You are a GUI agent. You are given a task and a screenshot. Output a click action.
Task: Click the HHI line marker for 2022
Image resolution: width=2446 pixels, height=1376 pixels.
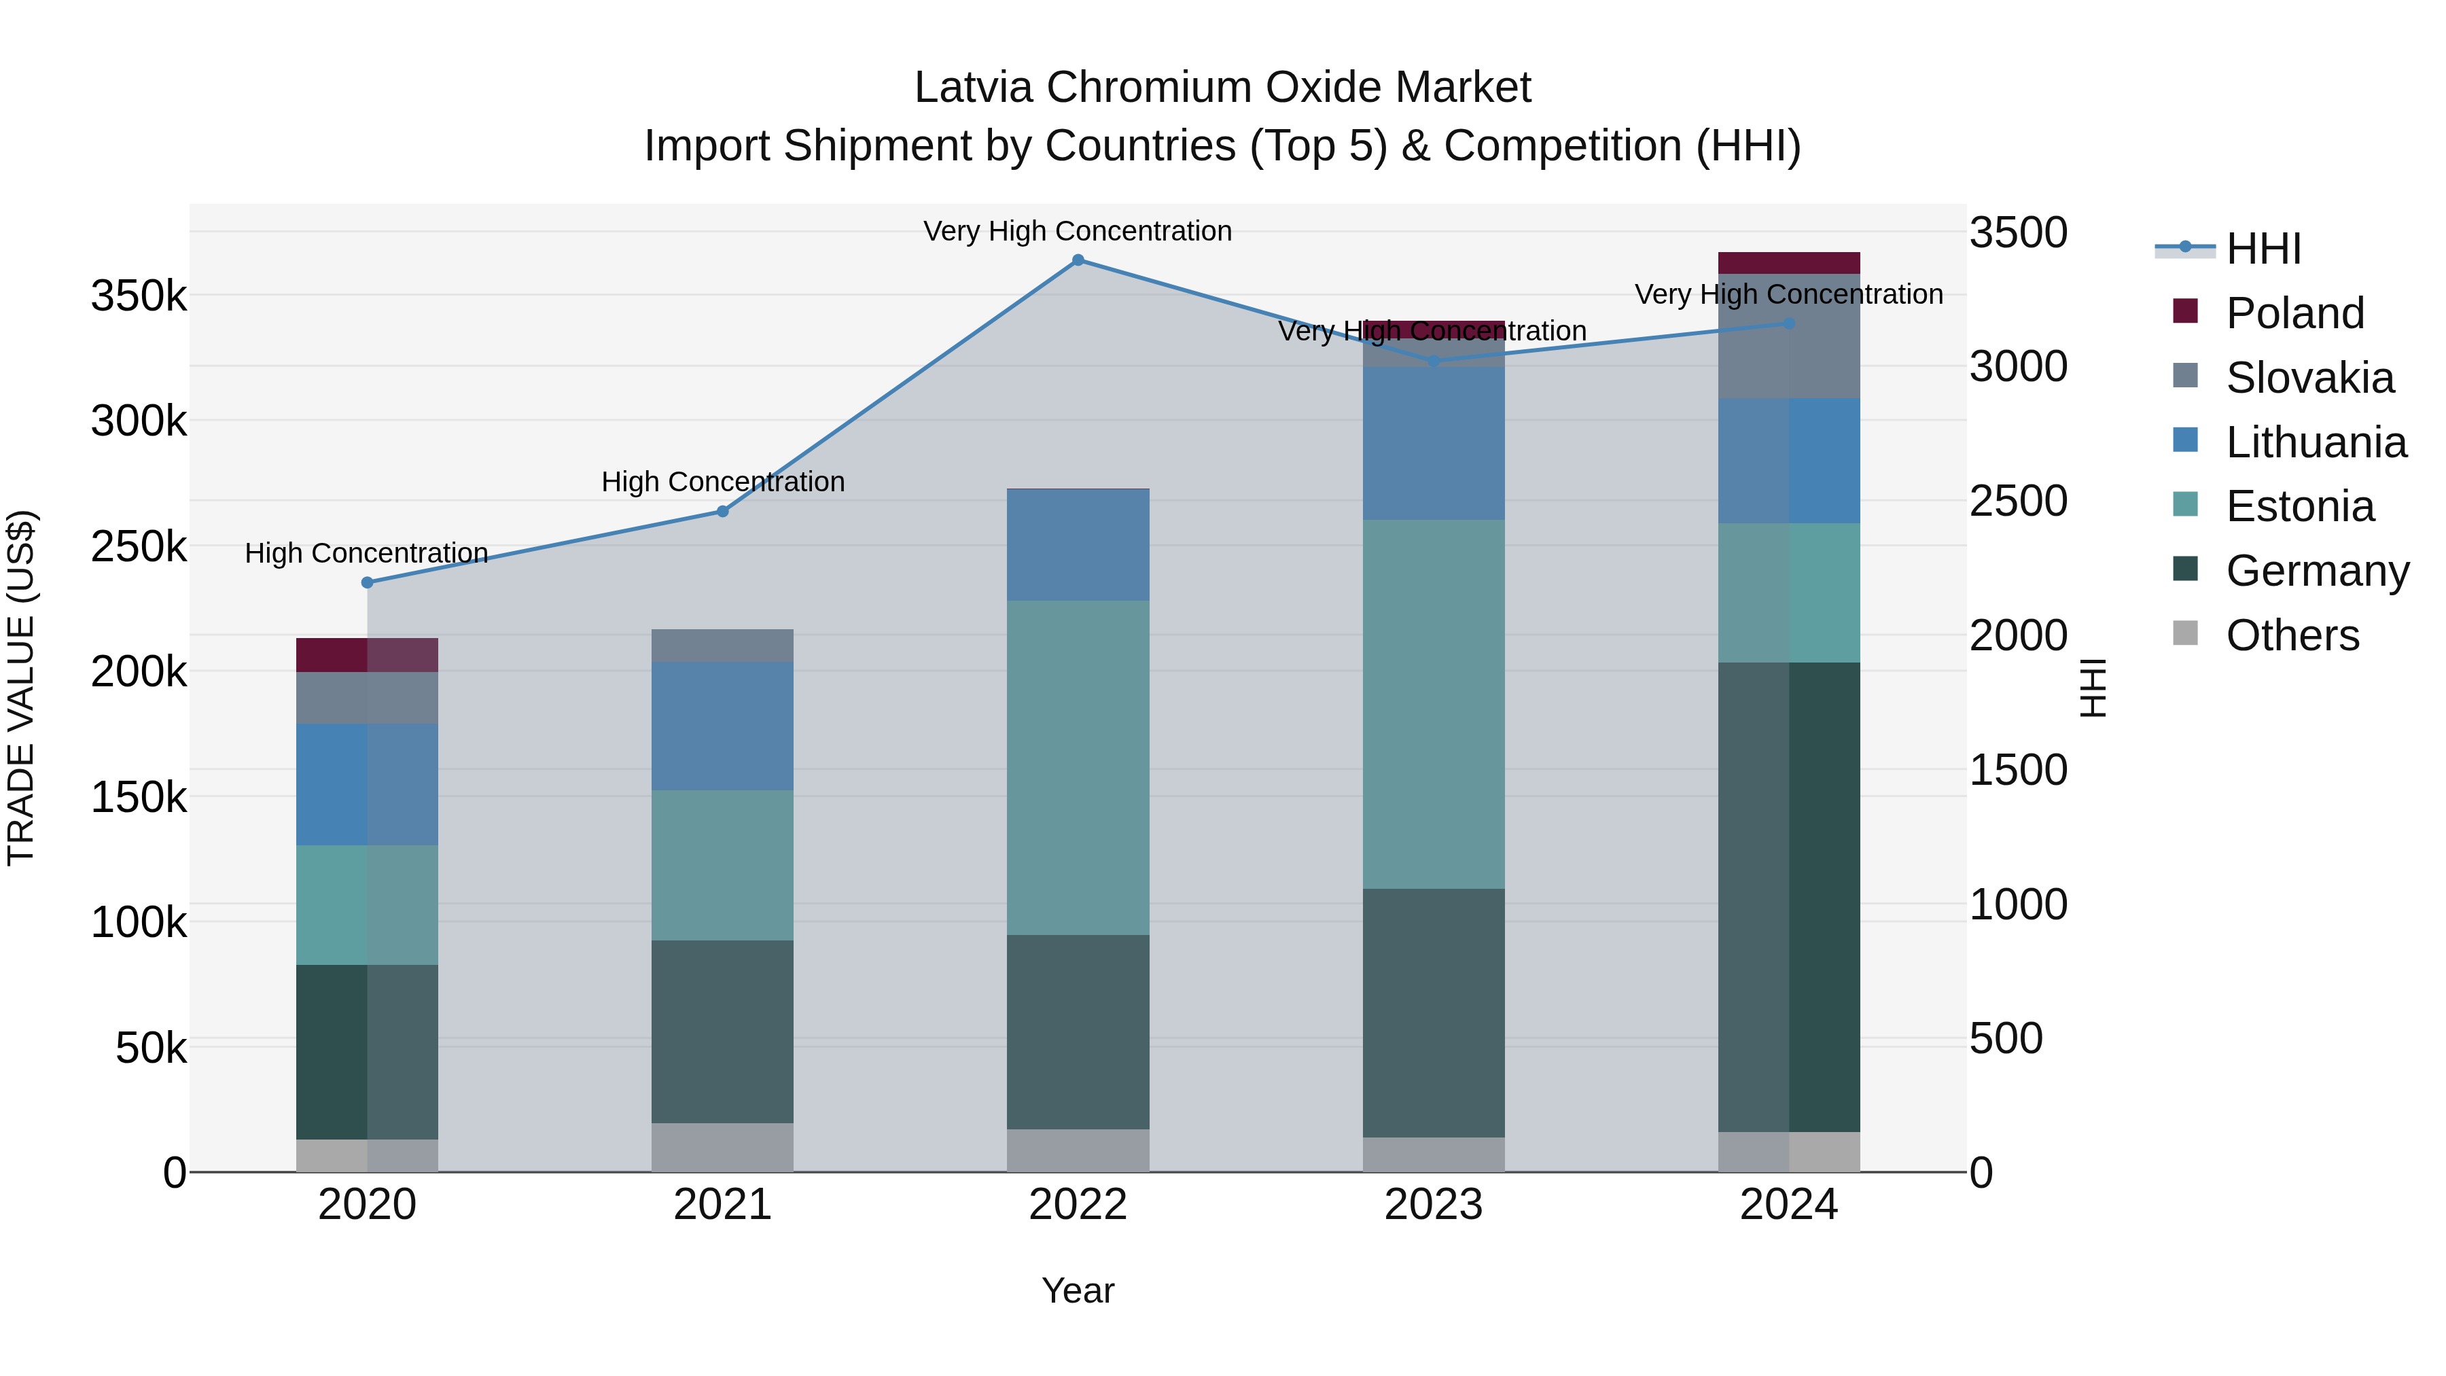(x=1078, y=260)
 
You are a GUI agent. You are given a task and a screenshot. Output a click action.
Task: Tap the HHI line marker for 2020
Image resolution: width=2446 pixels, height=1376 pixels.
(x=368, y=583)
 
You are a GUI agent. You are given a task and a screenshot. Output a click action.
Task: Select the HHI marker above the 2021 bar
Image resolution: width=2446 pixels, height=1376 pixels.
(x=723, y=512)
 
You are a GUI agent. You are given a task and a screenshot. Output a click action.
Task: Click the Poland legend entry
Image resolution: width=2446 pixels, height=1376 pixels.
(x=2294, y=313)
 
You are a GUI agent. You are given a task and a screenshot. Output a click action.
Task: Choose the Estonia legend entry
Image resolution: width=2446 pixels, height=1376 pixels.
(x=2300, y=506)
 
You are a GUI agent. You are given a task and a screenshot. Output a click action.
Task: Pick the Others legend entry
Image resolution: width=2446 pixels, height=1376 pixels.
(x=2292, y=635)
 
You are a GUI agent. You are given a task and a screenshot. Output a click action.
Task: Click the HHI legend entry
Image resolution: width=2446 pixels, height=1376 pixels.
(x=2264, y=249)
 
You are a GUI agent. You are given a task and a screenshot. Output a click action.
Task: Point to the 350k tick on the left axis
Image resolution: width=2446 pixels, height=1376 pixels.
(x=139, y=296)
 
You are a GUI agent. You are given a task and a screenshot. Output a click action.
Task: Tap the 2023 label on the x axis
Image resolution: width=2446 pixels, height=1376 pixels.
(x=1433, y=1205)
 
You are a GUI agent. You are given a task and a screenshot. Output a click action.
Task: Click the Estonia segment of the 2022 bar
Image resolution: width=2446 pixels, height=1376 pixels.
(x=1078, y=767)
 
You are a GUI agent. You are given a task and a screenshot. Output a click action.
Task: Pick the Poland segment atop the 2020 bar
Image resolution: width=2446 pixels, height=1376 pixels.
(x=368, y=655)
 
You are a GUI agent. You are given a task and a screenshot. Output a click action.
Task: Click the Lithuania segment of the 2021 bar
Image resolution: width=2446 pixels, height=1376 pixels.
(x=723, y=726)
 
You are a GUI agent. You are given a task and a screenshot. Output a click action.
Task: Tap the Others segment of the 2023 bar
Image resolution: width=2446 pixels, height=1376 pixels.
(x=1433, y=1154)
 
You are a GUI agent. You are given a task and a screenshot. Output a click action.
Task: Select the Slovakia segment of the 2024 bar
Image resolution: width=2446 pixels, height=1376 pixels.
(x=1789, y=336)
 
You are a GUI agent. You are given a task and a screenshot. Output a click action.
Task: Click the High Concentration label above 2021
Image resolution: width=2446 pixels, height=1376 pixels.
(x=723, y=482)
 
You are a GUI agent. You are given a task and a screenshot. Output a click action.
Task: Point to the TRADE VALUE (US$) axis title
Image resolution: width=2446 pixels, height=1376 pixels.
(x=21, y=688)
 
